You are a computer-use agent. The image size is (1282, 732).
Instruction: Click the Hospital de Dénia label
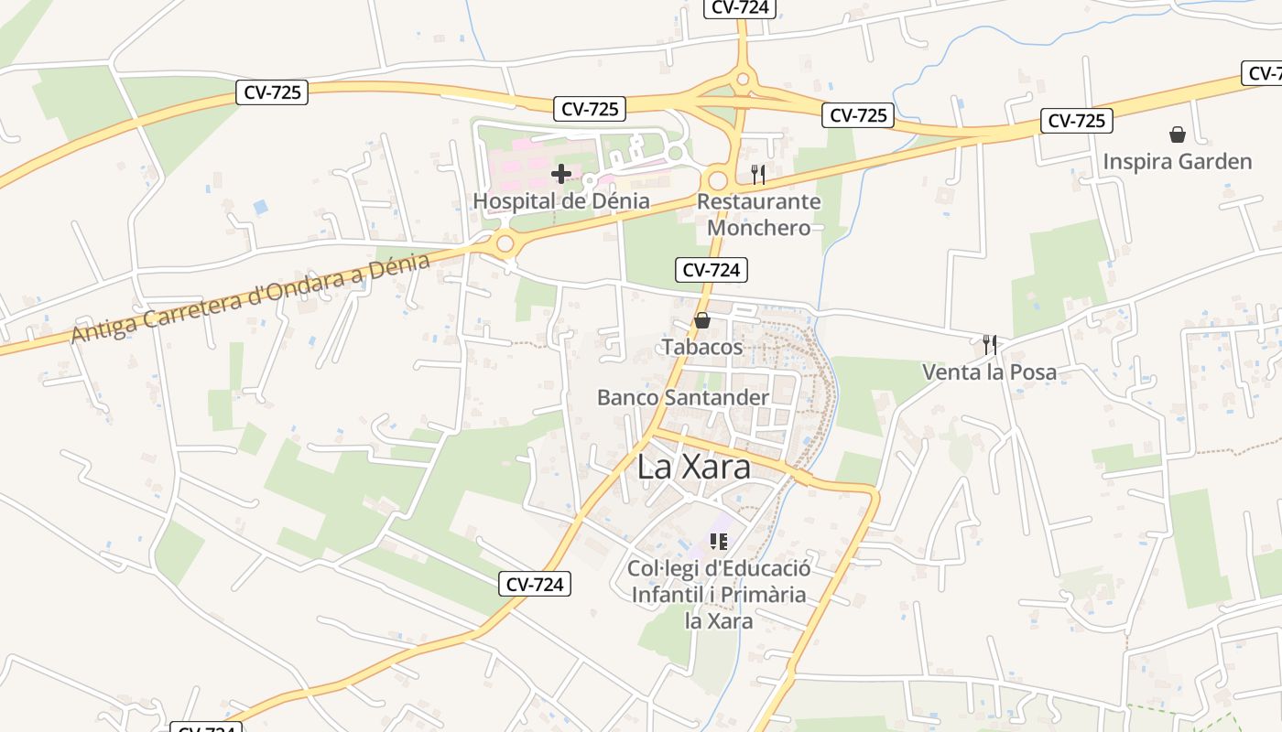click(561, 201)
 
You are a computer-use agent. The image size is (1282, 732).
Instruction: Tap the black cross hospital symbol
click(561, 173)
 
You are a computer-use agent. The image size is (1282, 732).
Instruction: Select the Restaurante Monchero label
click(759, 214)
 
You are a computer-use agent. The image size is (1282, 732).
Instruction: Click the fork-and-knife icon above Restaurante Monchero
click(758, 174)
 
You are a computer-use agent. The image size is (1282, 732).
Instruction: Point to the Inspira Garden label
click(1177, 162)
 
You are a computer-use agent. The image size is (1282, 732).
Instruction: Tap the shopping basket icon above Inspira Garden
click(1178, 135)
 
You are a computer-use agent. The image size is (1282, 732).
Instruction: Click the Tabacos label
click(702, 348)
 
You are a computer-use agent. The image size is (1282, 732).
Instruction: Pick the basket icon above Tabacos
click(702, 320)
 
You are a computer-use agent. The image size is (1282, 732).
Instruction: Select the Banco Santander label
click(683, 397)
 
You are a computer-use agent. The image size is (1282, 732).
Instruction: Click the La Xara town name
click(694, 468)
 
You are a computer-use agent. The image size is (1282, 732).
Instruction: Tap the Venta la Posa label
click(989, 372)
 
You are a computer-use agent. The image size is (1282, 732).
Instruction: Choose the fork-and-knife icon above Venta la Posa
click(989, 344)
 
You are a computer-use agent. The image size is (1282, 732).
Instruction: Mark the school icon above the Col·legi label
click(719, 542)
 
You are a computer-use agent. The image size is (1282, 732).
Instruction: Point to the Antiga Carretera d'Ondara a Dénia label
click(251, 298)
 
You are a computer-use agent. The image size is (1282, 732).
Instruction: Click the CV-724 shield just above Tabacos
click(712, 270)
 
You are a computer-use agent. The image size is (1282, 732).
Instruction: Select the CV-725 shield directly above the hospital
click(590, 109)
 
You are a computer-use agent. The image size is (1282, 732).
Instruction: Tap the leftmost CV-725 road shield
click(272, 91)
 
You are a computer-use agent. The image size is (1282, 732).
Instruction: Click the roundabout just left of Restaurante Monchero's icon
click(718, 180)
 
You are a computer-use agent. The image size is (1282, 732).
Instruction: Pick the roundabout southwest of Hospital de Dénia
click(505, 243)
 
